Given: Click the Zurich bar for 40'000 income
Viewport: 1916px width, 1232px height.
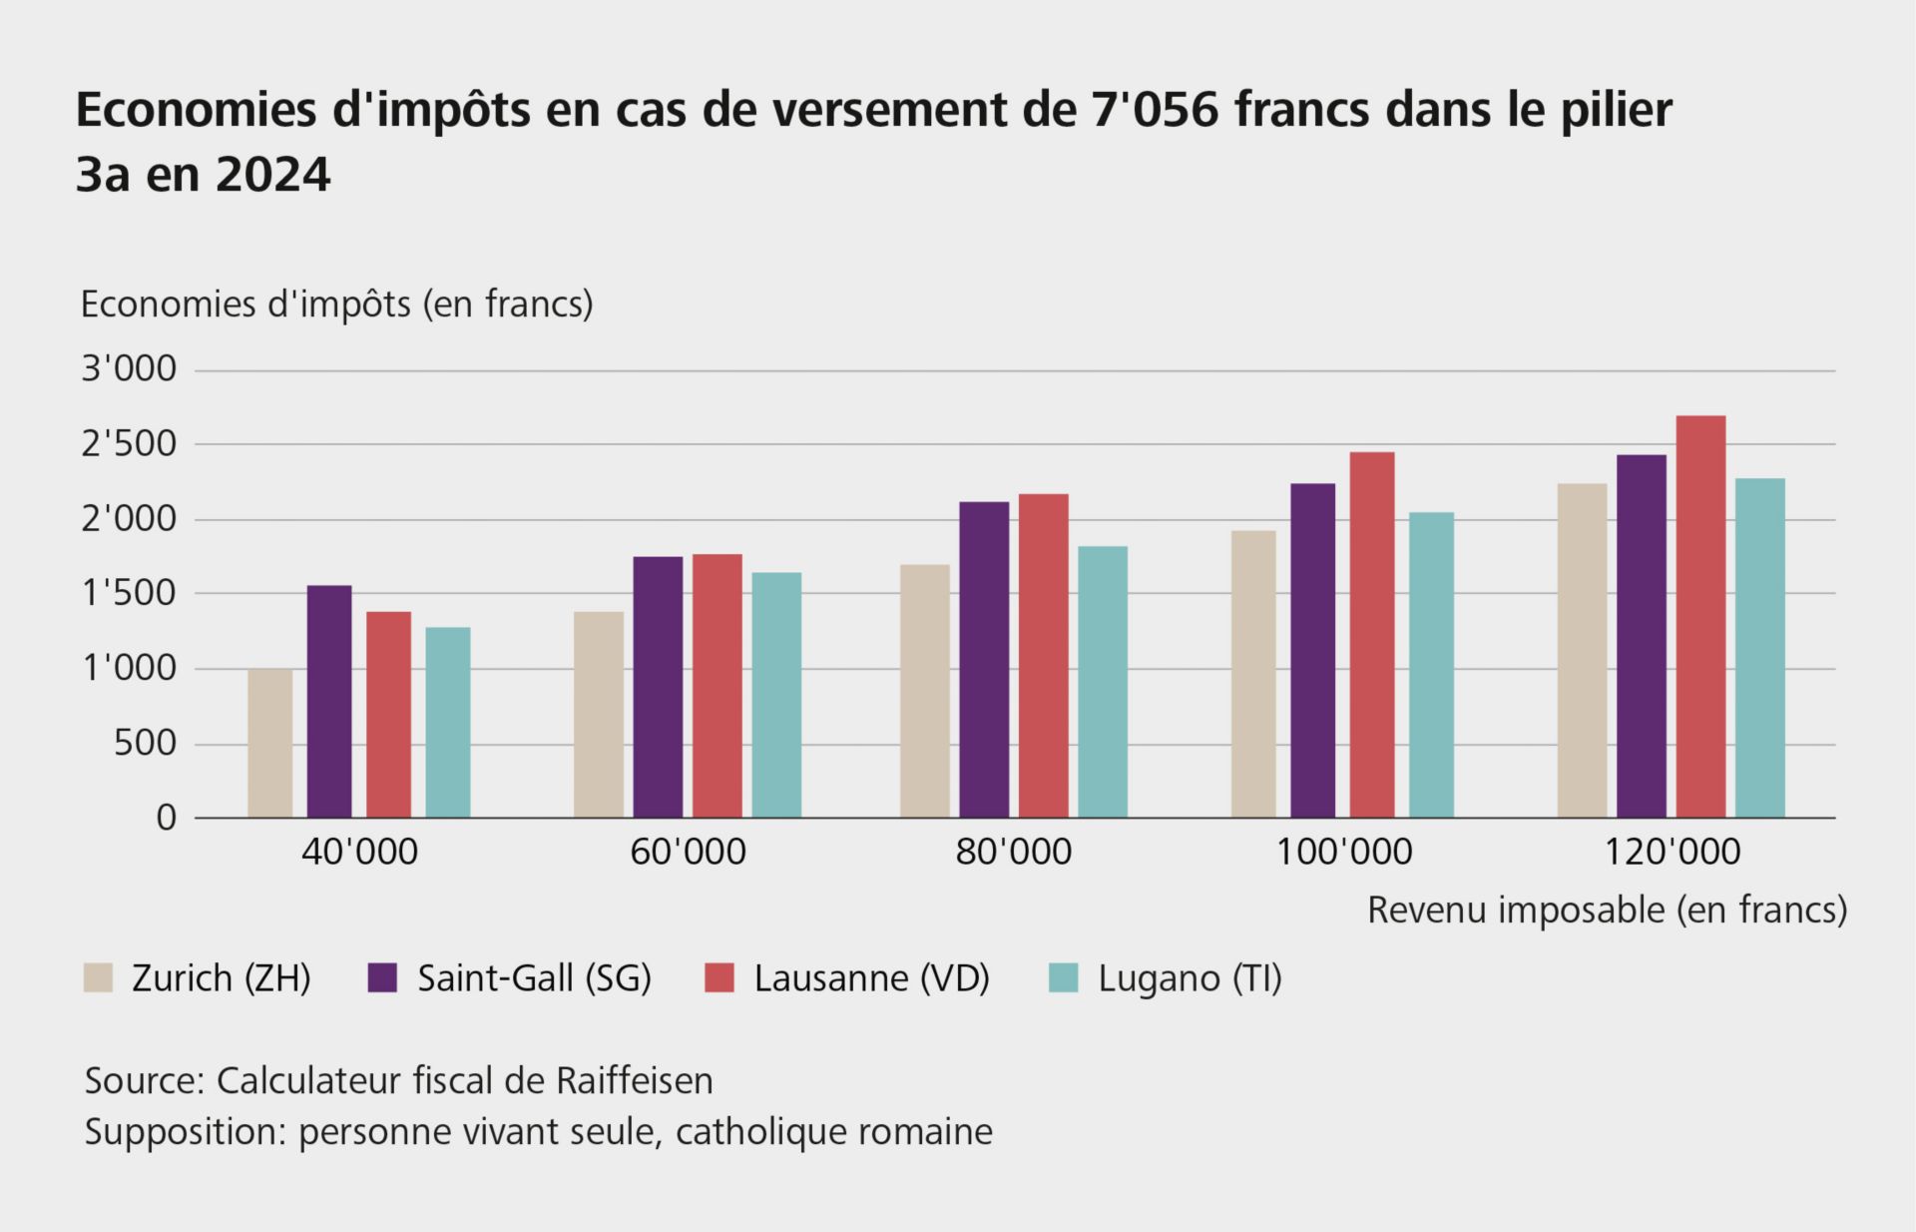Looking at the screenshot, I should click(x=269, y=743).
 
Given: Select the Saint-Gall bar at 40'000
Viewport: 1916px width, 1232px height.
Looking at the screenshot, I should click(x=329, y=702).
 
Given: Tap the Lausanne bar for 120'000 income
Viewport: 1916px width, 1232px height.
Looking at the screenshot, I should click(x=1700, y=617).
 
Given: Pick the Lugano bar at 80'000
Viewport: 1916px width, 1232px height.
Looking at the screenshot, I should click(x=1103, y=682).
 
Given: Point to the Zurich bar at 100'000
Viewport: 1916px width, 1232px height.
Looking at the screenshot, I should click(x=1253, y=674).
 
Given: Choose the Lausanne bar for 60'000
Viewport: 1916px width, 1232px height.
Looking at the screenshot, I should click(x=718, y=686).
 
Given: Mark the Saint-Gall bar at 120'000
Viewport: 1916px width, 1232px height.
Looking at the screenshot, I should click(x=1642, y=636).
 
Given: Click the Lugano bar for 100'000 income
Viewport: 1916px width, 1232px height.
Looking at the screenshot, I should click(x=1431, y=665).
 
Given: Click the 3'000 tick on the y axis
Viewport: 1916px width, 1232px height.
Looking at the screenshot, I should click(x=129, y=369).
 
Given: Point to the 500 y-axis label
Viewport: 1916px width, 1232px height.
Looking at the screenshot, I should click(x=145, y=744).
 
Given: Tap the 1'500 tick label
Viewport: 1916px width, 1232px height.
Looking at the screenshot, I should click(x=129, y=594).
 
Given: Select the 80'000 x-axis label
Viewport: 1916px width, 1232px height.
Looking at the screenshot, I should click(x=1013, y=853).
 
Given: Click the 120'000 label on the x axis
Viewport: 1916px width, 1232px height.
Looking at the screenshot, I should click(x=1672, y=853).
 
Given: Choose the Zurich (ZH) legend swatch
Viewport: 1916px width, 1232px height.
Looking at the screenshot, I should click(x=98, y=978).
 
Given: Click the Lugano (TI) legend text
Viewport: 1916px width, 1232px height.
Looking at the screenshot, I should click(x=1190, y=978).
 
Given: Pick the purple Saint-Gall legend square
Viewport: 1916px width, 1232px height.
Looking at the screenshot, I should click(x=382, y=978).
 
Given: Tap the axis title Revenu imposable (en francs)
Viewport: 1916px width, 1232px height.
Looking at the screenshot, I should click(x=1607, y=911).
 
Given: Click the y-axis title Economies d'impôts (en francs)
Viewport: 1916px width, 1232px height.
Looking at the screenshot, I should click(x=336, y=304).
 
